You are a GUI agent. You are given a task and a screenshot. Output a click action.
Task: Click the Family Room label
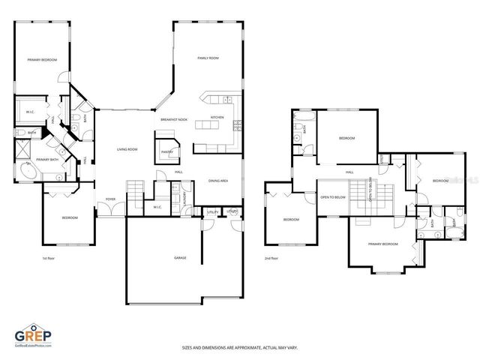[x=208, y=58]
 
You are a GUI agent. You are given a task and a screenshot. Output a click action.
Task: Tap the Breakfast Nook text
[x=173, y=120]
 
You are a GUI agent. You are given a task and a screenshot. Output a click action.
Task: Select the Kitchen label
[x=217, y=118]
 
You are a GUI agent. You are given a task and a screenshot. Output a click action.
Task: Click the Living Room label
[x=127, y=149]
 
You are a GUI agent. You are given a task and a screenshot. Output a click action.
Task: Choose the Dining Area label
[x=218, y=181]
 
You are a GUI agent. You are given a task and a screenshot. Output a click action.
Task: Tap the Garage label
[x=180, y=257]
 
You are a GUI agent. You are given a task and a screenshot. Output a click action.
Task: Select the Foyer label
[x=110, y=199]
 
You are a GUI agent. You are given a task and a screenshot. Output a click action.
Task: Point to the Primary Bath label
[x=47, y=160]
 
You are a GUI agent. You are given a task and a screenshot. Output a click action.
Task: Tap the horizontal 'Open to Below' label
[x=332, y=197]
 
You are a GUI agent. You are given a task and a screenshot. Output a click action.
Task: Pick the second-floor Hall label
[x=349, y=172]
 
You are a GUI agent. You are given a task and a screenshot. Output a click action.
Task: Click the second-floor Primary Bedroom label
[x=382, y=244]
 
